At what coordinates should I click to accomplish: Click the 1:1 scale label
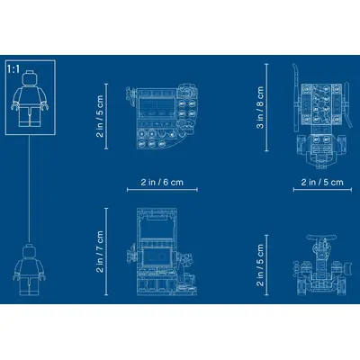coord(13,69)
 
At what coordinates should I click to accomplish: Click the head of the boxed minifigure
coord(30,77)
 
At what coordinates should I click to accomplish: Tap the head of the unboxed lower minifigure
coord(29,250)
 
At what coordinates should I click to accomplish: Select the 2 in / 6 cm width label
coord(162,182)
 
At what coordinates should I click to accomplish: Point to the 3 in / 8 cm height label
coord(260,107)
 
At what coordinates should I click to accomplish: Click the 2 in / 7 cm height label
coord(100,252)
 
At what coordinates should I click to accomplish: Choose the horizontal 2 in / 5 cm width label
coord(322,182)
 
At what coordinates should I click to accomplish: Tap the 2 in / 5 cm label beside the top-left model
coord(100,116)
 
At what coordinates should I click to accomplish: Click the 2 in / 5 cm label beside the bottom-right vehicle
coord(260,265)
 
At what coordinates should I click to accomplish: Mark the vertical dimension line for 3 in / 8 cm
coord(266,107)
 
